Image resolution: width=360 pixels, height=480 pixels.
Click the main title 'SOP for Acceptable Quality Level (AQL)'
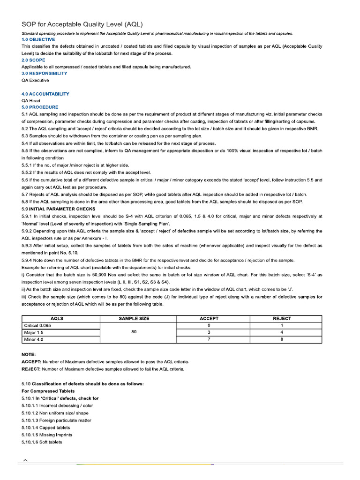point(82,24)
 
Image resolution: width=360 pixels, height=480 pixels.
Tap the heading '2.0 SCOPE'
point(33,60)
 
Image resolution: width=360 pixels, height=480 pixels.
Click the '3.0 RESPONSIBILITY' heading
point(44,73)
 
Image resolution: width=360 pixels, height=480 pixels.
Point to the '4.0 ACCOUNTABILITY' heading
point(45,94)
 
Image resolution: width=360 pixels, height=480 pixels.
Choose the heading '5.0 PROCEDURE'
point(40,107)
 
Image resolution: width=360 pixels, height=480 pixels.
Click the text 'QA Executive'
point(35,80)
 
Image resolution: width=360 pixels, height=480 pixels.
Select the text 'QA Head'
point(31,100)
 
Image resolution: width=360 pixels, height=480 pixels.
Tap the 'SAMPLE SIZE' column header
point(134,318)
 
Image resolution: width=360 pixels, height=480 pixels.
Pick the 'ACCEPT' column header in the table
point(209,318)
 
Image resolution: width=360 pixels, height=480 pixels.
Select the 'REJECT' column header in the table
point(282,318)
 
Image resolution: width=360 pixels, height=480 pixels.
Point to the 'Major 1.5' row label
point(34,332)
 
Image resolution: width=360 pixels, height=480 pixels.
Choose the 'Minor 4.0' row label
point(34,339)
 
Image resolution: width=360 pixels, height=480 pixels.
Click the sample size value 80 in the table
point(134,332)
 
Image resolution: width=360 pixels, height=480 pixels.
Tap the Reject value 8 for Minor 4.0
point(282,339)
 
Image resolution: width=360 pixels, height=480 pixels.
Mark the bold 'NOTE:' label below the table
point(29,355)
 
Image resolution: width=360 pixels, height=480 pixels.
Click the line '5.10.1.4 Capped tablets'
point(45,427)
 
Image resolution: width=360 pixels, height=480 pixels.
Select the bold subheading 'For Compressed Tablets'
point(48,391)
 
